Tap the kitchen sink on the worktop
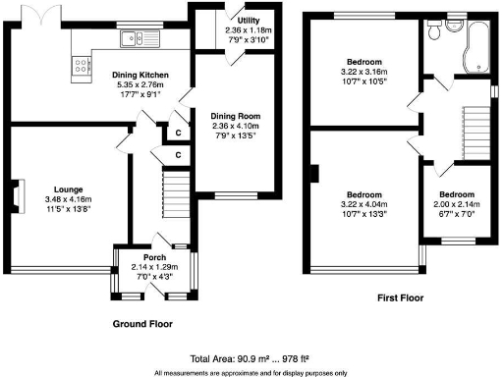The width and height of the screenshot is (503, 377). pyautogui.click(x=133, y=38)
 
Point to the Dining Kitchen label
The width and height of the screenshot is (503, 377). pyautogui.click(x=139, y=75)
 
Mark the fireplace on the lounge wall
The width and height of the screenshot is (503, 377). pyautogui.click(x=17, y=194)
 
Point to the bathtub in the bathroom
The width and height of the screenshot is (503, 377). pyautogui.click(x=480, y=44)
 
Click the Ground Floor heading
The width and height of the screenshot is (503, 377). pyautogui.click(x=141, y=323)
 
